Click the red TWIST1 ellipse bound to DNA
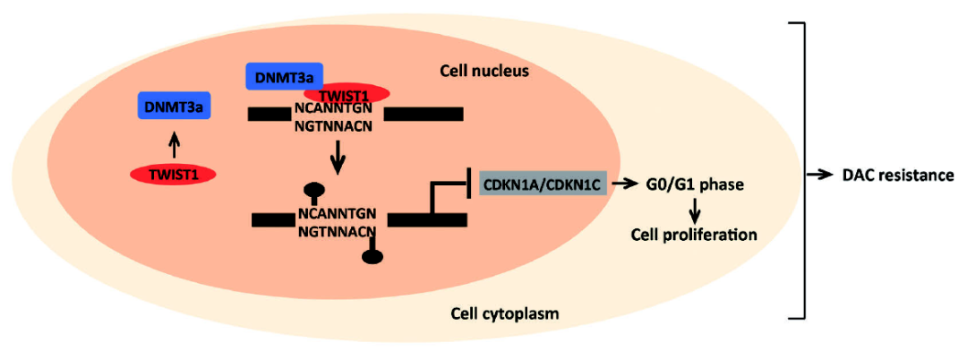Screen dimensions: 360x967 (x=347, y=92)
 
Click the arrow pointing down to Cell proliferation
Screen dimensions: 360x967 (x=694, y=211)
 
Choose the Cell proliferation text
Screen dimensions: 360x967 (x=692, y=235)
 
